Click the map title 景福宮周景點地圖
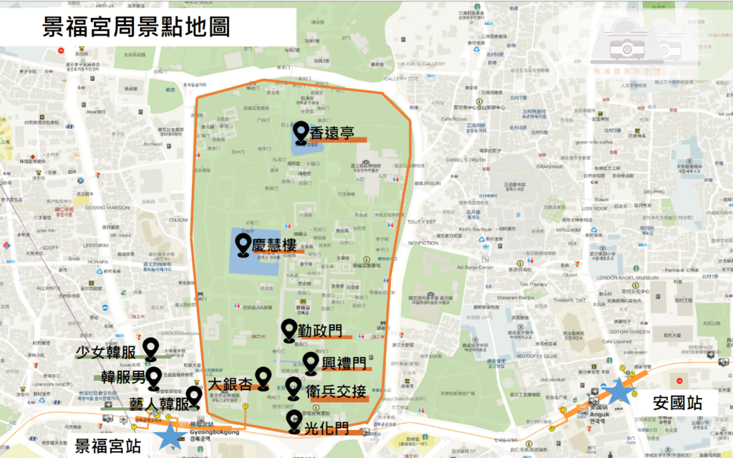pyautogui.click(x=137, y=28)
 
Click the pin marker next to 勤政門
pyautogui.click(x=288, y=329)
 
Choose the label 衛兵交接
pyautogui.click(x=336, y=391)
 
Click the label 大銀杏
pyautogui.click(x=230, y=384)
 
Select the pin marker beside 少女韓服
pyautogui.click(x=151, y=349)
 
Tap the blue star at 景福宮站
pyautogui.click(x=170, y=436)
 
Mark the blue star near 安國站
pyautogui.click(x=618, y=393)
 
